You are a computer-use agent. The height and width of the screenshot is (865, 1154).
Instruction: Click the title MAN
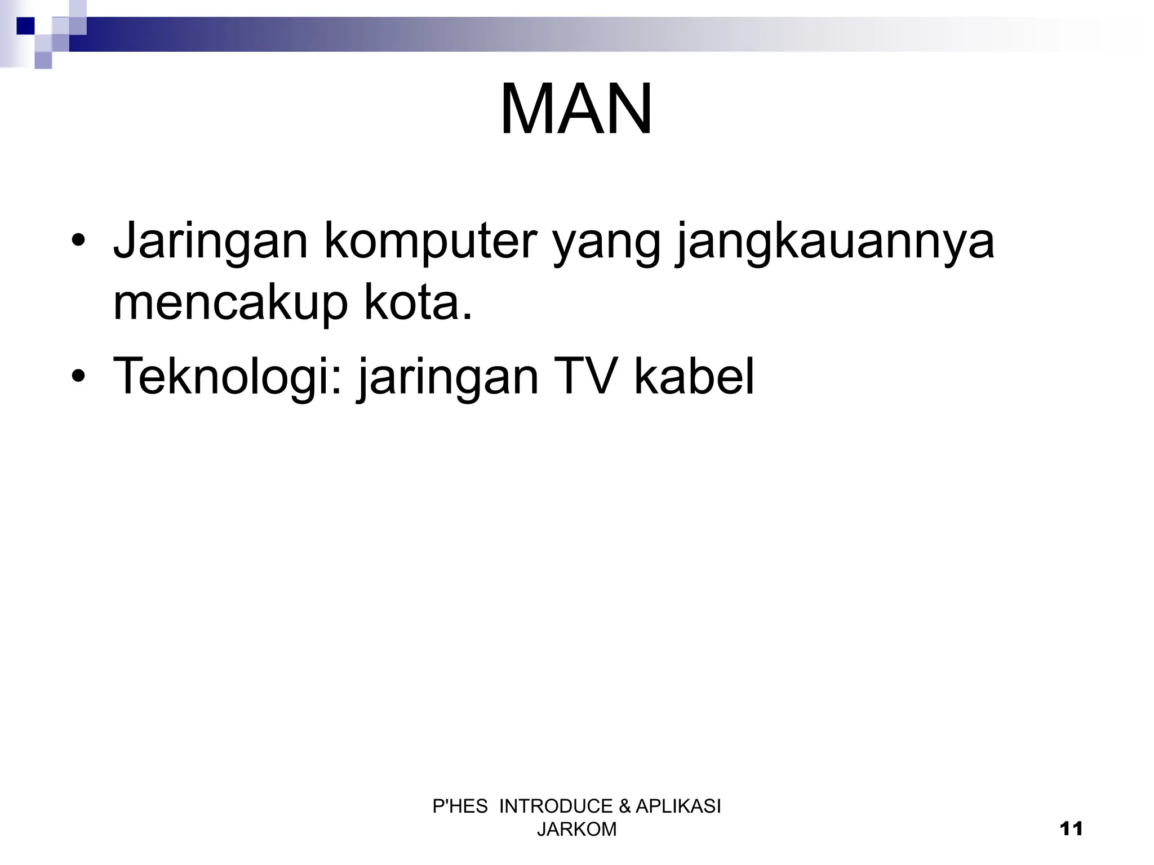(576, 110)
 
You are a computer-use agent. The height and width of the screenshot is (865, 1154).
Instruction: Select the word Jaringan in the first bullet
(210, 242)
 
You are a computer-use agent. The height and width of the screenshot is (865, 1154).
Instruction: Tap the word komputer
(430, 242)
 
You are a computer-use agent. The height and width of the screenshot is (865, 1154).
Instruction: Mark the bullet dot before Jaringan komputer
(78, 243)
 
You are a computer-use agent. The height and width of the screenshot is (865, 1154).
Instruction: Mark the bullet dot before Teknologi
(78, 376)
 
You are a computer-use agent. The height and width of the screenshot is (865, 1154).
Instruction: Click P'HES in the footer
(460, 806)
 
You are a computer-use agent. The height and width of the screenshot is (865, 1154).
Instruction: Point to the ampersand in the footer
(624, 806)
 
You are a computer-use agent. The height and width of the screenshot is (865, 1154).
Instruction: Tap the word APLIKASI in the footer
(678, 806)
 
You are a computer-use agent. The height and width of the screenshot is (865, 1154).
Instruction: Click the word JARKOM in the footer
(576, 830)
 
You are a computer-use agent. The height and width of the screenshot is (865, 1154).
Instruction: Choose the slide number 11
(1071, 829)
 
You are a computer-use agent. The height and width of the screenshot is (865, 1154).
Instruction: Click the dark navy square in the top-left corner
(25, 26)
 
